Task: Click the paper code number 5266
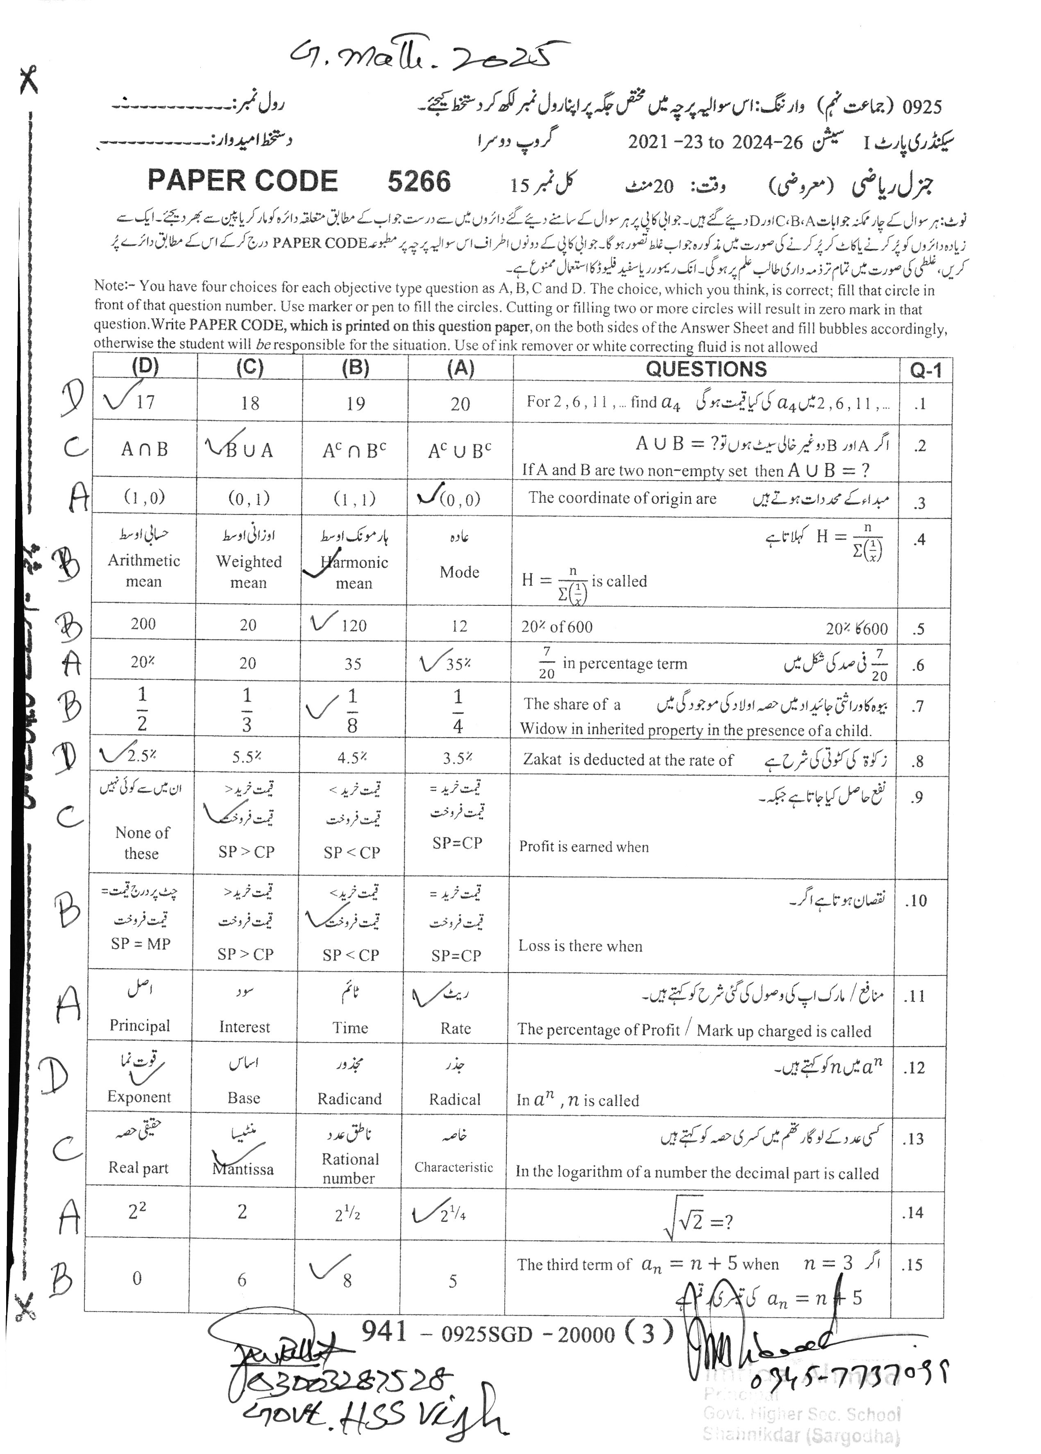pos(419,182)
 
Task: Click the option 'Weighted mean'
pos(249,572)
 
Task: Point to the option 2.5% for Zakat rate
pos(142,756)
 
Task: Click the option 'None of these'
pos(142,843)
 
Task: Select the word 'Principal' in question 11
pos(140,1025)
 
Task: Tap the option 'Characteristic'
pos(454,1167)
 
